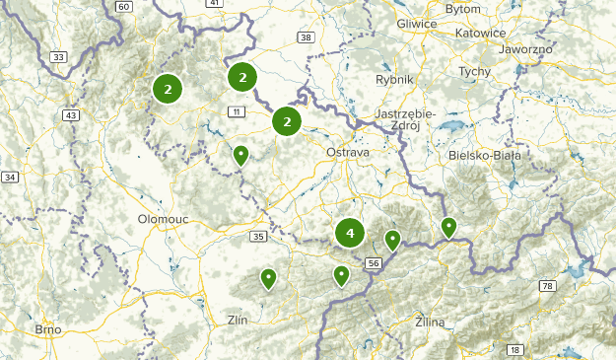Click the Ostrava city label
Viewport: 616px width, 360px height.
point(347,153)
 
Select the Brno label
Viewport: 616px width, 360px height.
point(48,329)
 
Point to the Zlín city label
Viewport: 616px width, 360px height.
point(239,320)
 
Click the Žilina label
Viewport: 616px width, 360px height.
point(431,322)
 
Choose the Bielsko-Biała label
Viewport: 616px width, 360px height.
point(482,155)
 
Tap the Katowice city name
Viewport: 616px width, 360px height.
point(480,33)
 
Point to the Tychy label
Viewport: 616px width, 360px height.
point(475,72)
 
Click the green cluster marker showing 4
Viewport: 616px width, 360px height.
point(350,234)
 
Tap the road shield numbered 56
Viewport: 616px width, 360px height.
point(373,263)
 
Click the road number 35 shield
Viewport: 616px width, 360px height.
point(258,237)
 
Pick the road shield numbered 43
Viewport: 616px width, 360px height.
point(69,115)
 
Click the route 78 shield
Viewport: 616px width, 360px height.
point(547,286)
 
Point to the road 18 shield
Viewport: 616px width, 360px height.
point(514,349)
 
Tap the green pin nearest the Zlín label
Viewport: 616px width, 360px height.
point(268,279)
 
